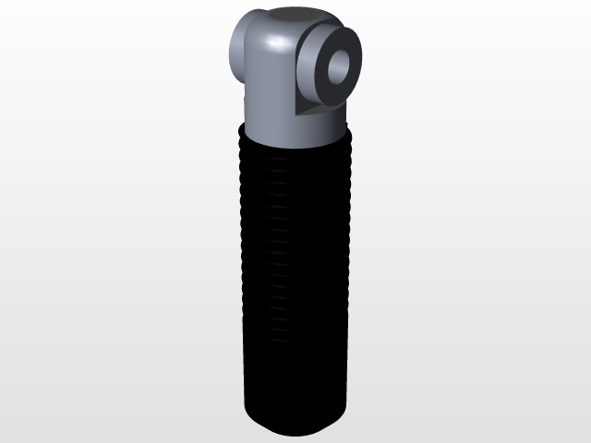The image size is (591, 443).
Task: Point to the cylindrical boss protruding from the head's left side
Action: point(238,51)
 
